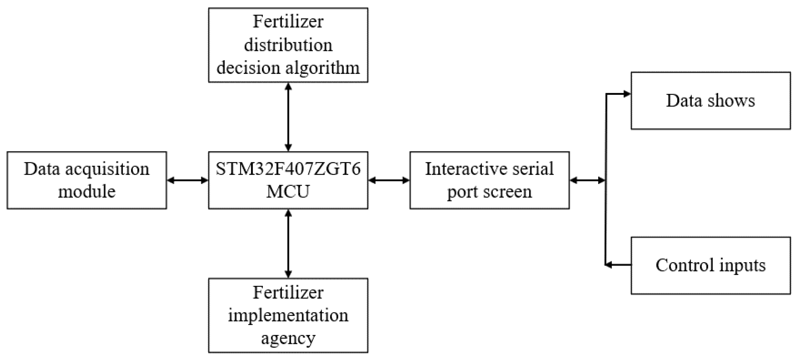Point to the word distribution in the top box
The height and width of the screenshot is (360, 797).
[288, 45]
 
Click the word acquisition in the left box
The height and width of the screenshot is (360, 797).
[107, 169]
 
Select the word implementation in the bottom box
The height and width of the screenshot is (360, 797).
[288, 315]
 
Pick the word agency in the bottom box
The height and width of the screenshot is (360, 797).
[288, 338]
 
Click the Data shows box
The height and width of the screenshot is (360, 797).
[710, 101]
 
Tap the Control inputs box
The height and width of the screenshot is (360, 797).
[710, 265]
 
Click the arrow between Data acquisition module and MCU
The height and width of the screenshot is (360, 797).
[188, 180]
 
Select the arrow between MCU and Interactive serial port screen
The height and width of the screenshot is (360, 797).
[389, 180]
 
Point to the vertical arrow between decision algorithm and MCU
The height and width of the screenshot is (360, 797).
[288, 117]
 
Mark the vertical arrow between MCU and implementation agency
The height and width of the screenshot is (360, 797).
[288, 244]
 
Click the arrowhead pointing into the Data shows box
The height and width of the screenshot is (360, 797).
[627, 94]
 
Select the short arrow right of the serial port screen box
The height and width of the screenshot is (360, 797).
[587, 180]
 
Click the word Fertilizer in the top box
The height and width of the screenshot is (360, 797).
[288, 22]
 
